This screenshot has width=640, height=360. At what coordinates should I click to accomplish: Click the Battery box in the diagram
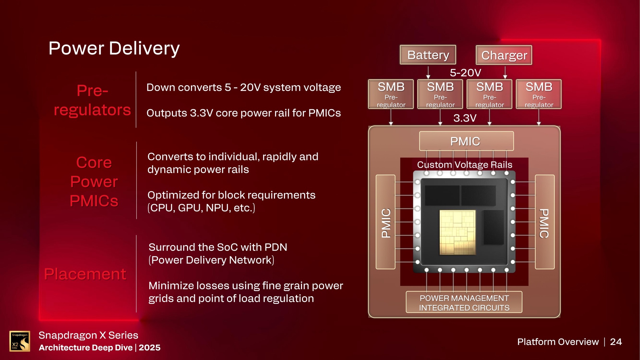tap(428, 55)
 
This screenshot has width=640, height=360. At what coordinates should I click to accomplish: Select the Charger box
tap(504, 55)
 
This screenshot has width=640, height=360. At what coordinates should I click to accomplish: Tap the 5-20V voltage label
tap(465, 73)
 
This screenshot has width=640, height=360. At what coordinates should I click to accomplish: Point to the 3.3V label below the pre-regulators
tap(465, 118)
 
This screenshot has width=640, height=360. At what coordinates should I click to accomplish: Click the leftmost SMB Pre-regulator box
tap(391, 94)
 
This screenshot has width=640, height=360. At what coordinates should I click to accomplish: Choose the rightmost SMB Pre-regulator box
tap(539, 94)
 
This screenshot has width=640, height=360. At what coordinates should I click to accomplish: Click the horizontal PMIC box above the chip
tap(466, 141)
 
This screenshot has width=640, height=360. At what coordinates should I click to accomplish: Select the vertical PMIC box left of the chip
tap(385, 222)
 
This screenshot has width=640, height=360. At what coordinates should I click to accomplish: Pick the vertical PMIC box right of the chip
tap(544, 222)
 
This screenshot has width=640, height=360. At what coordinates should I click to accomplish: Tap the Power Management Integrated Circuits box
tap(464, 302)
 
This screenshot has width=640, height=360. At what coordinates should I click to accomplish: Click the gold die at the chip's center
tap(457, 232)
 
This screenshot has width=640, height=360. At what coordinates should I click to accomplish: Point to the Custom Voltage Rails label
tap(464, 165)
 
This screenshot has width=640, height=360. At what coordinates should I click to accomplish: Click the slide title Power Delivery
tap(114, 48)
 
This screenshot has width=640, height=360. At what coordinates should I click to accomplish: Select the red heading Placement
tap(85, 274)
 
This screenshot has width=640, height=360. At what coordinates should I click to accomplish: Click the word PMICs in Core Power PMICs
tap(94, 201)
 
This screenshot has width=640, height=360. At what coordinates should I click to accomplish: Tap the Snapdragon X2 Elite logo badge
tap(20, 341)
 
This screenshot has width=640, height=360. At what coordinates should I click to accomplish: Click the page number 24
tap(616, 342)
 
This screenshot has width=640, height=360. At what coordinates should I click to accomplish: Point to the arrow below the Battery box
tap(428, 73)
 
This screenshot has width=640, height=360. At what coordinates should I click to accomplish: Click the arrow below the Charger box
tap(505, 73)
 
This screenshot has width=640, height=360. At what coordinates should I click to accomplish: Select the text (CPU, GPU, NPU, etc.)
tap(201, 208)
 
